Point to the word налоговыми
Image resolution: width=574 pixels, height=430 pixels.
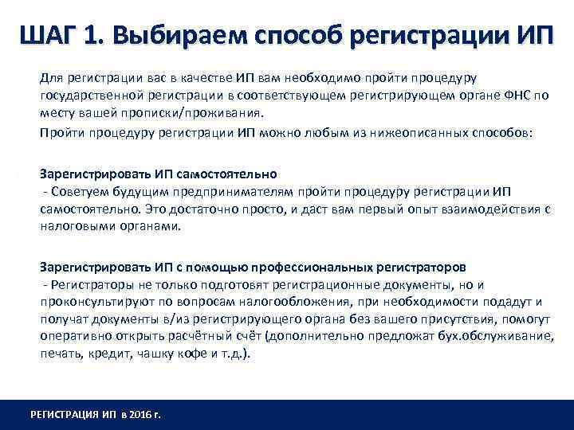[75, 225]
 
